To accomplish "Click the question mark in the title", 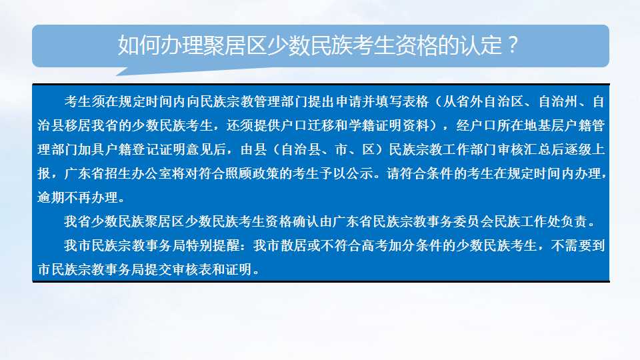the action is click(x=514, y=45).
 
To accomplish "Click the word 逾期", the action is click(x=51, y=198).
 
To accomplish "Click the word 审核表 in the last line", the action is click(x=191, y=270).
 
